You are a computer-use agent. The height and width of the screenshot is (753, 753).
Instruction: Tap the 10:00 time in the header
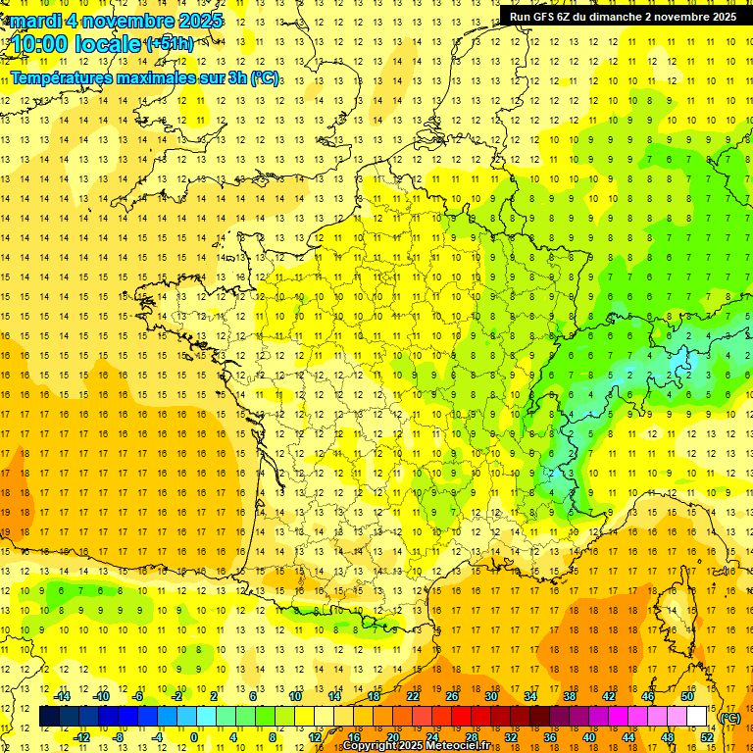pos(40,44)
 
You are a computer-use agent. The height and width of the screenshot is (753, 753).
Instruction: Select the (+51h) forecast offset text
pos(169,44)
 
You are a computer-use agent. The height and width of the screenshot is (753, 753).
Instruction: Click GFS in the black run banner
pos(545,17)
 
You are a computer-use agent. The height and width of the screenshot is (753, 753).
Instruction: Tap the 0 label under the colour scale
pos(194,737)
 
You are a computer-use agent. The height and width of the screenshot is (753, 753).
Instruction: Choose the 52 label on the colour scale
pos(707,737)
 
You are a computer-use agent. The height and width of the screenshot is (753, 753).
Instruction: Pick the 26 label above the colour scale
pos(452,696)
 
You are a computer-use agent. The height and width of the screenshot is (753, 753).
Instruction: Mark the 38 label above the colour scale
pos(569,696)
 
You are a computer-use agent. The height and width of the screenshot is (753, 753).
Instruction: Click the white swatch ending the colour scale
pos(697,717)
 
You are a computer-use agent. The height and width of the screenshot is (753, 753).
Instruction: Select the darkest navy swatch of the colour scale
pos(49,717)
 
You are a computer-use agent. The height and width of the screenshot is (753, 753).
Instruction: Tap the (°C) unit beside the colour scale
pos(730,718)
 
